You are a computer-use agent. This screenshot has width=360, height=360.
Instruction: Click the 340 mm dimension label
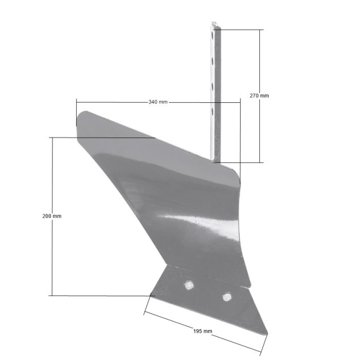click(x=158, y=102)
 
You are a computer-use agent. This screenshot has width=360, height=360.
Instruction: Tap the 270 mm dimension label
click(x=259, y=96)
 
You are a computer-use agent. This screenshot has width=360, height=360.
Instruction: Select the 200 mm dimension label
click(x=52, y=216)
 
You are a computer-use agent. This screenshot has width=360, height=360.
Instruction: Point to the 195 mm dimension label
click(x=203, y=331)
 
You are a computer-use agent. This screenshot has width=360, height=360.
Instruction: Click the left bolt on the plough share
click(x=189, y=285)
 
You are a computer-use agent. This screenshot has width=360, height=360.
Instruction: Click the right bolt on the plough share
click(x=227, y=297)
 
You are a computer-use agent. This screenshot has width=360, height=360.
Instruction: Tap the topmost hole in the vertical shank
click(x=212, y=35)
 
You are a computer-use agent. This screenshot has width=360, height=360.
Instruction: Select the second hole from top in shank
click(x=212, y=61)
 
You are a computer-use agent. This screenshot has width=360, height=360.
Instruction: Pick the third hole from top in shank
click(x=212, y=86)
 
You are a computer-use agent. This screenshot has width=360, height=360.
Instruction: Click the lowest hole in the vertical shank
click(x=212, y=112)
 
